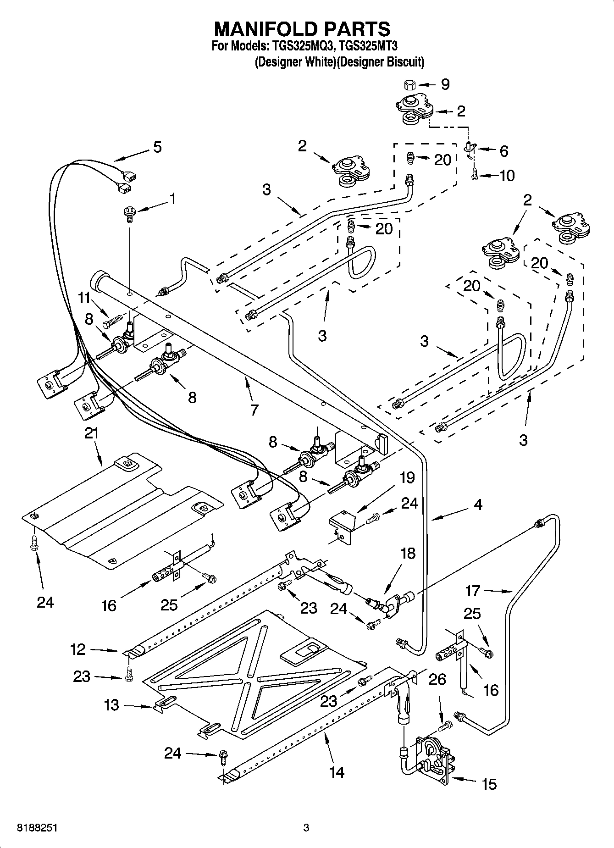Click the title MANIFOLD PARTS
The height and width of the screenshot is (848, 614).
[x=302, y=29]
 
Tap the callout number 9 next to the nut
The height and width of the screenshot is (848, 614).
[x=445, y=84]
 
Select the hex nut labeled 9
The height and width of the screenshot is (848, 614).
[x=409, y=84]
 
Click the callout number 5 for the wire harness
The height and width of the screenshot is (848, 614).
[x=157, y=147]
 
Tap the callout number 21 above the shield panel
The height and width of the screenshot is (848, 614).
[x=92, y=433]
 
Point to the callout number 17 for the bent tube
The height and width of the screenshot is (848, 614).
[x=472, y=591]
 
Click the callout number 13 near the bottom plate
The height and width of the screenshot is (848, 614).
[x=111, y=705]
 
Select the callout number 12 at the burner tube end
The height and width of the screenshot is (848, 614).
[x=78, y=649]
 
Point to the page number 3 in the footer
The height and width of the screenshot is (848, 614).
[x=306, y=828]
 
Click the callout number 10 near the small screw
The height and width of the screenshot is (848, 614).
[x=507, y=176]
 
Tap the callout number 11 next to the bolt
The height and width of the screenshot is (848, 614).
[x=84, y=299]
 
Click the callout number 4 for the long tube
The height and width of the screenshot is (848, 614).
[x=478, y=504]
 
